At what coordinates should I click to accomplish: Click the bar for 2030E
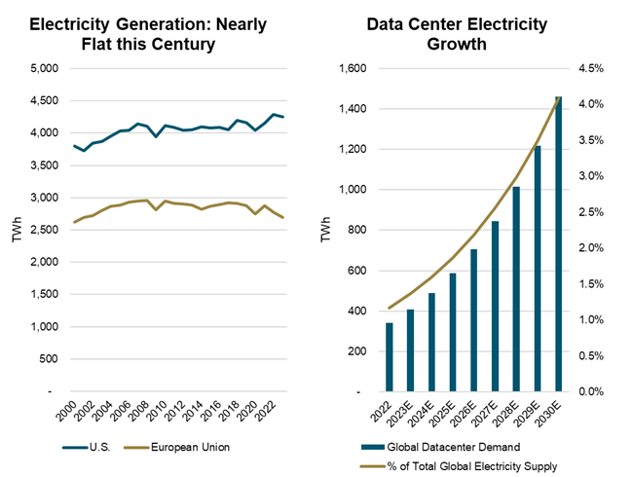coord(558,243)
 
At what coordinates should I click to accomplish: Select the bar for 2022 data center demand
coord(362,356)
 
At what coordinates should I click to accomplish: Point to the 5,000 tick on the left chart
coord(42,69)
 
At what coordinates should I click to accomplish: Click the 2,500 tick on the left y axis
coord(42,230)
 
